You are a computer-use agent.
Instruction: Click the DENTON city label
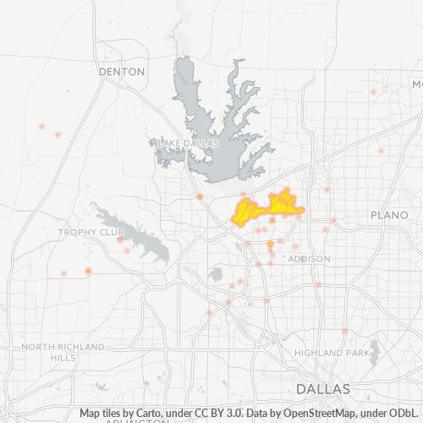[x=122, y=72]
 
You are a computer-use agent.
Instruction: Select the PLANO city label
[x=390, y=215]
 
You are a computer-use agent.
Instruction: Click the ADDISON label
[x=309, y=258]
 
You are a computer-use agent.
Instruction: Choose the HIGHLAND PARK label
[x=332, y=352]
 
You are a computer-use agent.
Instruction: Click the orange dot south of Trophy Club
[x=87, y=271]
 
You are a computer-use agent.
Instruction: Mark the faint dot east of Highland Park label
[x=344, y=331]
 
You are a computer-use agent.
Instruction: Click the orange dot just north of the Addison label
[x=270, y=244]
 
